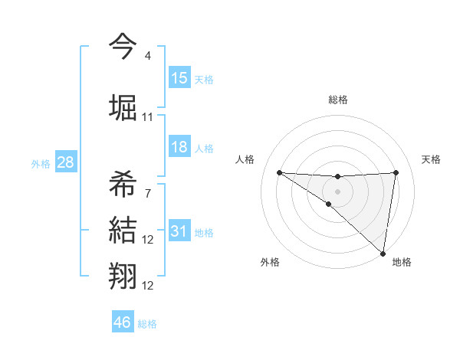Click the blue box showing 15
point(179,78)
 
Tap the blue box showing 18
point(179,147)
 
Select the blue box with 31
point(179,232)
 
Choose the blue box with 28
point(66,162)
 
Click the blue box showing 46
point(123,322)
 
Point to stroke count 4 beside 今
point(147,56)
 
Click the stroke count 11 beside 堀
point(148,117)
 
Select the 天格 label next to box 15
point(204,80)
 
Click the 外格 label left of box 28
point(41,164)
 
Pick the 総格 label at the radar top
point(337,100)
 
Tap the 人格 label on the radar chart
point(245,159)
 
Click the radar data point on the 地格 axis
point(383,253)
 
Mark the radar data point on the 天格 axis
point(396,172)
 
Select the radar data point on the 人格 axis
point(279,172)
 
